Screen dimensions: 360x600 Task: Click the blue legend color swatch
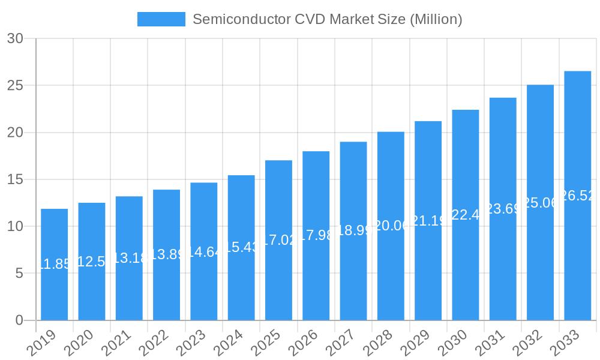pos(161,19)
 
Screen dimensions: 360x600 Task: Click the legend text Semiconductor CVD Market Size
pos(327,19)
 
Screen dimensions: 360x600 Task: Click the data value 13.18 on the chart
pos(129,258)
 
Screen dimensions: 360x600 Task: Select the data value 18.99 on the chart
pos(353,230)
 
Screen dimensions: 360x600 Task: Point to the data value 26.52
pos(577,196)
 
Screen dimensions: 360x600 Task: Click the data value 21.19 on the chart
pos(428,221)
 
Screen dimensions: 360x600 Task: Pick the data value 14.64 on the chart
pos(204,251)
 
